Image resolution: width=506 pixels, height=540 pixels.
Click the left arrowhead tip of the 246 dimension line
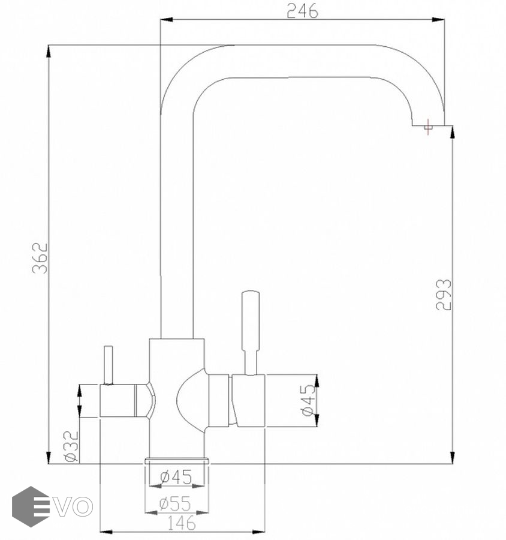coord(161,20)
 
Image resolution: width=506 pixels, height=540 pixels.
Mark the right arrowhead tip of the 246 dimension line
coord(444,20)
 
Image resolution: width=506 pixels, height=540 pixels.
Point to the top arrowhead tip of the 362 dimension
coord(49,46)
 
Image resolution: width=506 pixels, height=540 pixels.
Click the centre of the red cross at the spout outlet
coord(428,127)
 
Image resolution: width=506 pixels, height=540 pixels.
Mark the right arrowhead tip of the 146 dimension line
coord(265,532)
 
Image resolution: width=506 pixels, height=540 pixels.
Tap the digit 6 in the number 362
coord(40,258)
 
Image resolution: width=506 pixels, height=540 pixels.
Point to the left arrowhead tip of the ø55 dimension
coord(145,512)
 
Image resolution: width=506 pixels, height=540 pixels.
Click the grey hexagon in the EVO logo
coord(31,506)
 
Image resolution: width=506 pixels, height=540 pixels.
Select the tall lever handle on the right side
coord(251,332)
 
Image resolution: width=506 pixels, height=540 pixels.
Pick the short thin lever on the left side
coord(109,365)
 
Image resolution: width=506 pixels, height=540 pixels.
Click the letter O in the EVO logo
coord(83,507)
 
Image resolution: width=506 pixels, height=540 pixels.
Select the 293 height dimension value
coord(443,295)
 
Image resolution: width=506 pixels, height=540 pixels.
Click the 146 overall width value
coord(182,523)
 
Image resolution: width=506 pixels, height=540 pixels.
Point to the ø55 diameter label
coord(175,504)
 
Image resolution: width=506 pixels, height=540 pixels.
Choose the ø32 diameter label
coord(71,446)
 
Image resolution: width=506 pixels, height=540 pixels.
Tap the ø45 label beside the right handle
coord(308,400)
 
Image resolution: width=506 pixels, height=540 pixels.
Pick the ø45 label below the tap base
coord(176,477)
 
